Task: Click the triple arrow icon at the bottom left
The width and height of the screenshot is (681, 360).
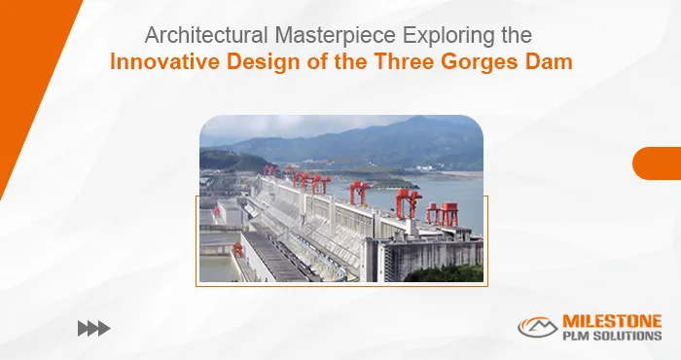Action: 93,329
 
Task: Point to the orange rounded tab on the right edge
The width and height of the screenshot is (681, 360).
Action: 657,163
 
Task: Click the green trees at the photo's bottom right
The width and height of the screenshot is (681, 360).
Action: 457,273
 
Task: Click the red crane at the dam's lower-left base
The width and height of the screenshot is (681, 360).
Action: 237,249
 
